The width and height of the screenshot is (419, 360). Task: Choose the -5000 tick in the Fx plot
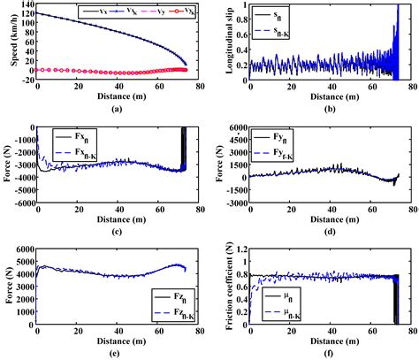(20, 203)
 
